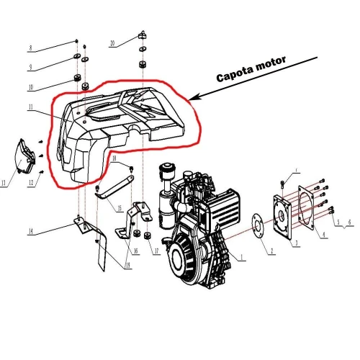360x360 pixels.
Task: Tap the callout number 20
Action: pyautogui.click(x=112, y=43)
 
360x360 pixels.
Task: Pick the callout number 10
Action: pyautogui.click(x=30, y=88)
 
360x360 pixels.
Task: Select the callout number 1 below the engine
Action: pyautogui.click(x=242, y=256)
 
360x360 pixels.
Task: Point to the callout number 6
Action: pyautogui.click(x=351, y=224)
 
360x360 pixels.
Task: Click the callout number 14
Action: pyautogui.click(x=30, y=231)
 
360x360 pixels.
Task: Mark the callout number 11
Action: pyautogui.click(x=30, y=108)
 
